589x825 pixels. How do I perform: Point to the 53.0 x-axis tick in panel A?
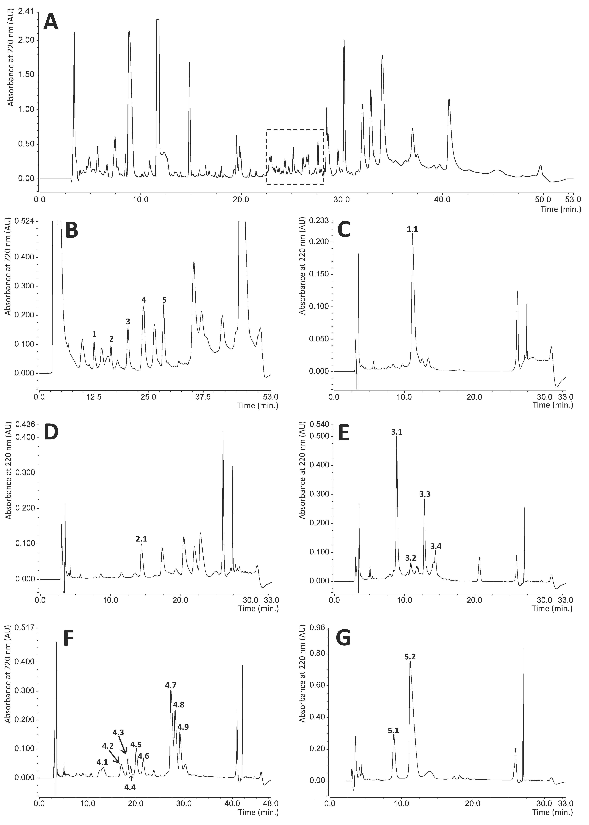[x=573, y=199]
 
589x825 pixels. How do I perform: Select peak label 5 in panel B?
[x=164, y=300]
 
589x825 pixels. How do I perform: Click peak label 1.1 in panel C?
[x=412, y=229]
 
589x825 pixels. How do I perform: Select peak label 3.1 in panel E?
[x=397, y=432]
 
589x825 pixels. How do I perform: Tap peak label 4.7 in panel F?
[x=171, y=685]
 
